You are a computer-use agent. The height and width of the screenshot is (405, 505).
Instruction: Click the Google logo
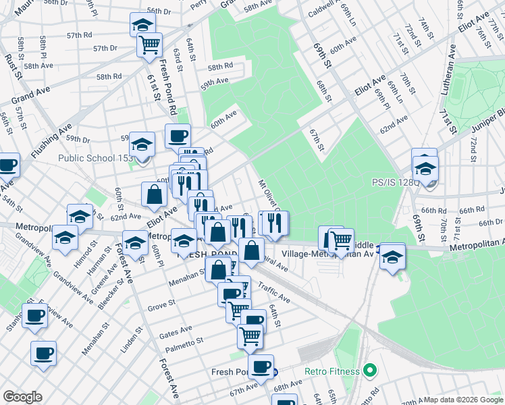(22, 397)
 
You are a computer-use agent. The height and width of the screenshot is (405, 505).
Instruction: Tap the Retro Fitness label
(333, 371)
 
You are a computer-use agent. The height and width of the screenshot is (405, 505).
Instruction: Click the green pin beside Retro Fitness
(369, 370)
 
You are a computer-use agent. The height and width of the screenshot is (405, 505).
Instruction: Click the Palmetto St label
(184, 345)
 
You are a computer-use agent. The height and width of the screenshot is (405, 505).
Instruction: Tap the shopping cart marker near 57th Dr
(149, 45)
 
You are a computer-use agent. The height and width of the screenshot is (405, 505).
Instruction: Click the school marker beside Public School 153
(142, 144)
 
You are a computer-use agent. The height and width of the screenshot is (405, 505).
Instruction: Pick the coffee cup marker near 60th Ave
(178, 136)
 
